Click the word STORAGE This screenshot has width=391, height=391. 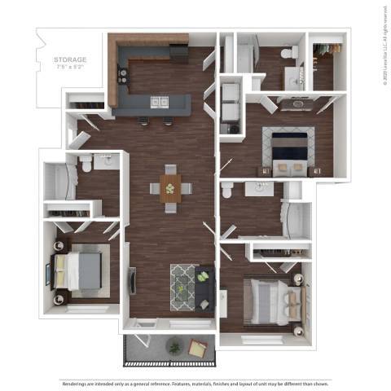point(71,59)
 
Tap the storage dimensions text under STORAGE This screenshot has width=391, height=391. point(71,68)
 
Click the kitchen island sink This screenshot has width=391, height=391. point(158,102)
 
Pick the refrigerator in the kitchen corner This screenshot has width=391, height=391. point(182,52)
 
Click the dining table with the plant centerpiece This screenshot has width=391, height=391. point(169,189)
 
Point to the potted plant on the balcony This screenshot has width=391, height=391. point(174,347)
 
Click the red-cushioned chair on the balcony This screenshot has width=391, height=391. point(197,348)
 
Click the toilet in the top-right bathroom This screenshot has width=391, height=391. point(286,54)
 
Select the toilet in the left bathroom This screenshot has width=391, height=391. point(85,166)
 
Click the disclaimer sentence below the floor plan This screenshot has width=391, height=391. point(195,382)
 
